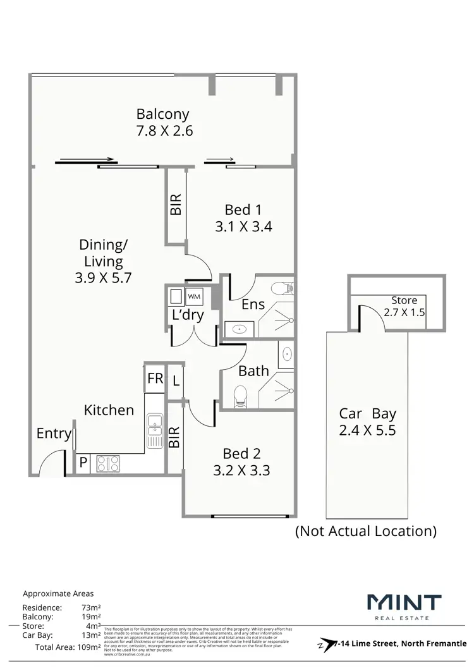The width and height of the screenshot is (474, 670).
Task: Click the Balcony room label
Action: tap(162, 114)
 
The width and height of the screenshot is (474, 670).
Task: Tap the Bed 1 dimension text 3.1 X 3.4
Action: tap(243, 226)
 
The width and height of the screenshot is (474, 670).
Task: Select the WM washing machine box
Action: tap(194, 296)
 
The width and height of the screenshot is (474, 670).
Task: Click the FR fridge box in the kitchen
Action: tap(155, 379)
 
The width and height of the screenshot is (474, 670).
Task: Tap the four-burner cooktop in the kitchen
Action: tap(108, 463)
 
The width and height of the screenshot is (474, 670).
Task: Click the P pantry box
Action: tap(83, 463)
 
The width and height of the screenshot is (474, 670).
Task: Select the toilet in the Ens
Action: tap(282, 288)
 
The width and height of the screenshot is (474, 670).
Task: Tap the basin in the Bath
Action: tap(286, 354)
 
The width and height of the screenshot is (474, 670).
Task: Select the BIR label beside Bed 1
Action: tap(176, 204)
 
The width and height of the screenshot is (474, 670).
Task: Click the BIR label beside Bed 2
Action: tap(175, 437)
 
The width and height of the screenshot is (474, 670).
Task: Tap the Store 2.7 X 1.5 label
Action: tap(404, 306)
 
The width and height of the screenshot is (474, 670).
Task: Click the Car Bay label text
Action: tap(367, 414)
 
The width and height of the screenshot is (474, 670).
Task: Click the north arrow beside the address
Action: tap(325, 643)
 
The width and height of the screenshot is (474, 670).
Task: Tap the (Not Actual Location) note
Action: tap(366, 531)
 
